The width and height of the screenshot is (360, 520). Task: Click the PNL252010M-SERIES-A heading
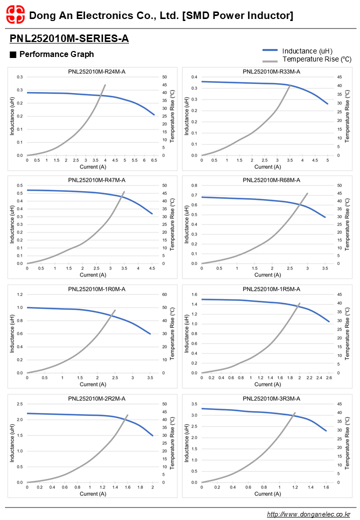click(69, 38)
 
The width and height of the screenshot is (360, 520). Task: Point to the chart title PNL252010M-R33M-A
click(271, 71)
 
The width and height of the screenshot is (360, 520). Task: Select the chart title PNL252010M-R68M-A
click(271, 180)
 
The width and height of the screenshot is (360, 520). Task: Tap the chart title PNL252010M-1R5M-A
click(271, 289)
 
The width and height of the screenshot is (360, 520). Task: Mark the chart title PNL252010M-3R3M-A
click(271, 398)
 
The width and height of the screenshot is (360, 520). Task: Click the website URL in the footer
click(308, 514)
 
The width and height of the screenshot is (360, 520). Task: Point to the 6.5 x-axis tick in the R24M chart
click(154, 160)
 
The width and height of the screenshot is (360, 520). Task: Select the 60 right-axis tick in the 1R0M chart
click(164, 294)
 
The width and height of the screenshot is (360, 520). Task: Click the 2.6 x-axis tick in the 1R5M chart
click(328, 378)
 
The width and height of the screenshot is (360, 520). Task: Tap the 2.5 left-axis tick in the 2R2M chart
click(19, 404)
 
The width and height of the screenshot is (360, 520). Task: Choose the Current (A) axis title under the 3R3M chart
click(264, 493)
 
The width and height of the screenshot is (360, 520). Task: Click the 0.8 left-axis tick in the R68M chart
click(193, 185)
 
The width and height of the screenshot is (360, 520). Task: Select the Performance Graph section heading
click(56, 54)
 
